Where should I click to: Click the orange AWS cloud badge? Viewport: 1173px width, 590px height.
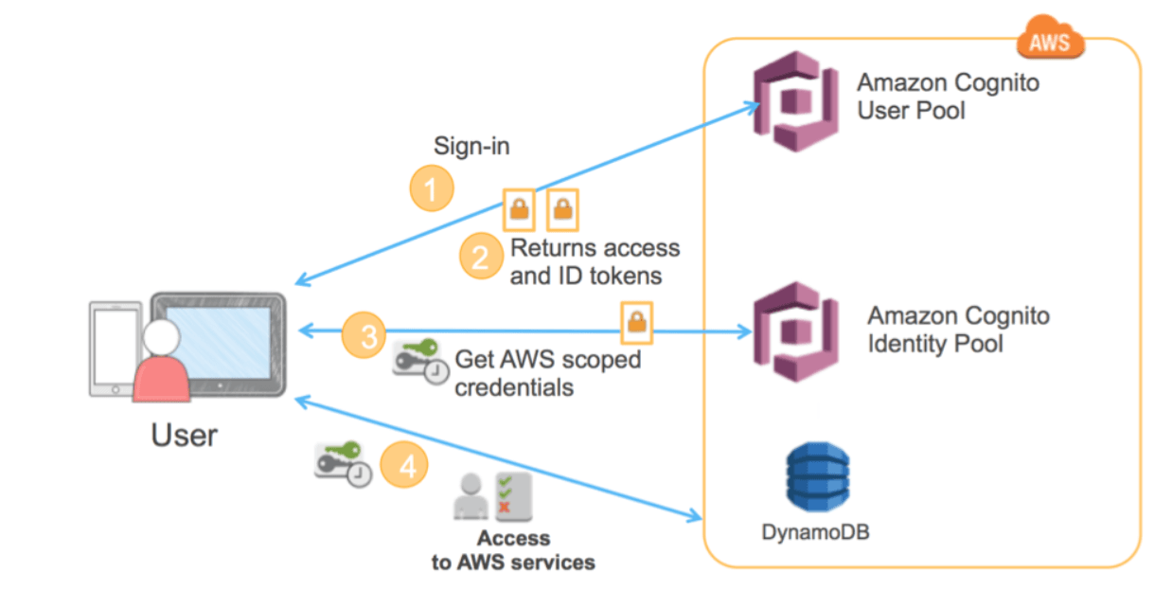[1049, 40]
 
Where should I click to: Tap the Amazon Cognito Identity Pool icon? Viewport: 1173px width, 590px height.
[793, 331]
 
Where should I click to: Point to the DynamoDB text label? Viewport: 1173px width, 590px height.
[815, 532]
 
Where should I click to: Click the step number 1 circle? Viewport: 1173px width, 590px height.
[431, 189]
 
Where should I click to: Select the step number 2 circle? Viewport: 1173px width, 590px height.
[481, 257]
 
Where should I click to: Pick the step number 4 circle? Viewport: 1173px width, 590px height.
[404, 466]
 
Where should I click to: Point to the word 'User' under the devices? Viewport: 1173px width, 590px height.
[184, 435]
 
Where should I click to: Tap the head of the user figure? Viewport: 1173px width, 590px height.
[162, 335]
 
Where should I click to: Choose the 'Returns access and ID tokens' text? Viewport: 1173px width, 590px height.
[595, 262]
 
